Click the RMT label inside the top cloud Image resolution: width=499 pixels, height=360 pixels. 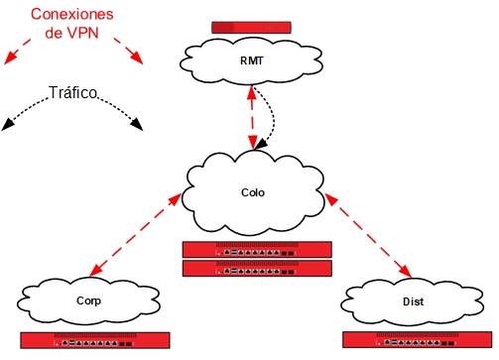(252, 61)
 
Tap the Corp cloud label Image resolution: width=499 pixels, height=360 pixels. (88, 300)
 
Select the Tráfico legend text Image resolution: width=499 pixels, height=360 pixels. (72, 93)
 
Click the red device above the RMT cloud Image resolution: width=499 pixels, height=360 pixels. (252, 28)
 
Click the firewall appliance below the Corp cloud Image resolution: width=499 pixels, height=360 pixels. (94, 339)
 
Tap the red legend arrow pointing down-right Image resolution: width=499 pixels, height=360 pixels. (128, 50)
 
